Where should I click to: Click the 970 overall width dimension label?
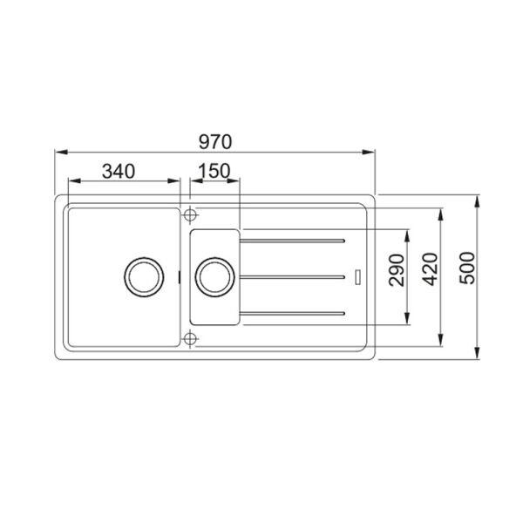point(215,142)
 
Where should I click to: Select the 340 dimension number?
point(119,172)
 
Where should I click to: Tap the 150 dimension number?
point(214,171)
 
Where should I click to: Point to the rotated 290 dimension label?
point(397,270)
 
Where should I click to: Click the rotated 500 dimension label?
point(467,268)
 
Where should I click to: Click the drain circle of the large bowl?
point(144,277)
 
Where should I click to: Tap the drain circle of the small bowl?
point(214,277)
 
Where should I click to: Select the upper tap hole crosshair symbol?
point(190,214)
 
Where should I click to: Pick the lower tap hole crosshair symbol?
point(190,339)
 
